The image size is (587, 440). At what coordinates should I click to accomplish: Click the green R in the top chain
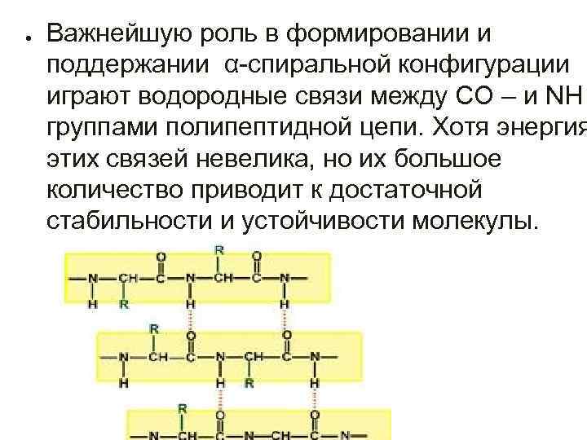(124, 304)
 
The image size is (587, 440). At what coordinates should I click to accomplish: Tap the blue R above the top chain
(219, 247)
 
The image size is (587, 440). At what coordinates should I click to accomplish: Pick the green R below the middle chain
(249, 381)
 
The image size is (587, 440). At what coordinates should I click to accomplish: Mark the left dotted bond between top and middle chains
(191, 319)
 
